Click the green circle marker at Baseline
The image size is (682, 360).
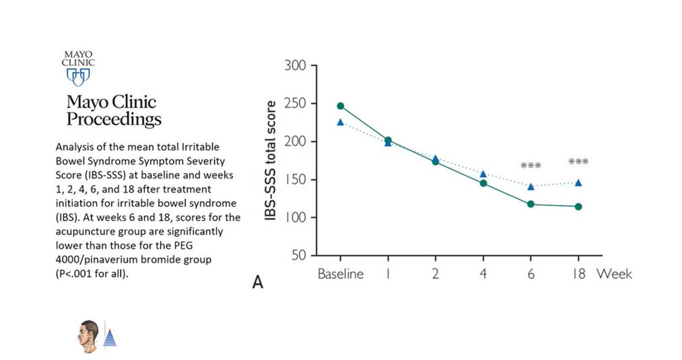click(x=340, y=106)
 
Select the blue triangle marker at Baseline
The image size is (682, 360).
click(x=340, y=122)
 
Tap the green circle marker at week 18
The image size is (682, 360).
click(x=578, y=206)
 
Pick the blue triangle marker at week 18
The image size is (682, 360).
click(x=578, y=183)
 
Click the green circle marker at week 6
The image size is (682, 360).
click(x=531, y=204)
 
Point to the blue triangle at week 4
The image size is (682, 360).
click(x=483, y=174)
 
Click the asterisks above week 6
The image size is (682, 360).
click(x=531, y=166)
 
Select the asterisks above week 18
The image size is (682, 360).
click(x=578, y=163)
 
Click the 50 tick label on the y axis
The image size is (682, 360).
click(x=299, y=255)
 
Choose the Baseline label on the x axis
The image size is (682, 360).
click(x=340, y=274)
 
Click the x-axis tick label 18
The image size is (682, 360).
click(x=578, y=274)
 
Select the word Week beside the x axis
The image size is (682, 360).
click(x=614, y=274)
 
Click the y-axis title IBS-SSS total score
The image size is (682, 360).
click(x=271, y=161)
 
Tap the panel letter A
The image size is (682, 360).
click(x=257, y=282)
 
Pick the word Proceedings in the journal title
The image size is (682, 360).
click(x=114, y=119)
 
